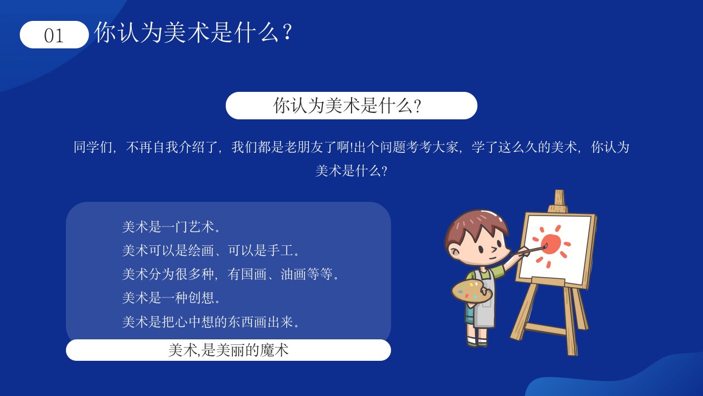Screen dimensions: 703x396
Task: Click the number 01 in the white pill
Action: click(54, 36)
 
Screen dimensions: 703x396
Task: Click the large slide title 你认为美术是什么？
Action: click(193, 32)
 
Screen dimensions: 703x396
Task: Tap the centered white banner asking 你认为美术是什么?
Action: click(351, 106)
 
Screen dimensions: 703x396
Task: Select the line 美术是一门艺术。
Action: click(171, 227)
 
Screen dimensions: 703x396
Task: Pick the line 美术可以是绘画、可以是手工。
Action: click(210, 250)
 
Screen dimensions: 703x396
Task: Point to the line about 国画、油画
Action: click(230, 274)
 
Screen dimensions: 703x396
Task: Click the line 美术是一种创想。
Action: click(171, 298)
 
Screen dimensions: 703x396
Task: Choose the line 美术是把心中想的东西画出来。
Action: click(210, 322)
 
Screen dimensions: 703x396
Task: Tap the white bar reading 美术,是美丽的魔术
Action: click(228, 350)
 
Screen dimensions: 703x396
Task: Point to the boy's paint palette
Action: click(471, 291)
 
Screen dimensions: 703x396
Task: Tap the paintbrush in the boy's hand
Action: click(531, 250)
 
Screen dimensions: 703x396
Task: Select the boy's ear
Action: click(454, 251)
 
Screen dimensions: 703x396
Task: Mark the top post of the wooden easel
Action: click(559, 198)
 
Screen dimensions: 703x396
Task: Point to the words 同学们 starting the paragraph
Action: click(93, 147)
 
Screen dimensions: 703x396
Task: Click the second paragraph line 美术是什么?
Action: click(351, 171)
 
